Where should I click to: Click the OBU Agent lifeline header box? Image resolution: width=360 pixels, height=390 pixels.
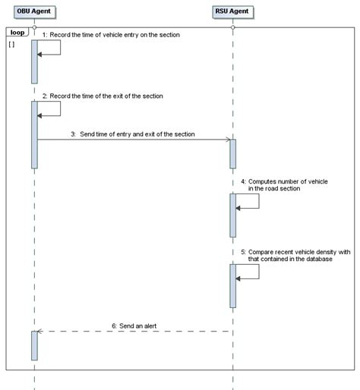point(34,13)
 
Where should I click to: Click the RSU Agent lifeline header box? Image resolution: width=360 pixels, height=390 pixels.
point(233,13)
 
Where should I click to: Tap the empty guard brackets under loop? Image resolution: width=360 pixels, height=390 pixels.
point(11,45)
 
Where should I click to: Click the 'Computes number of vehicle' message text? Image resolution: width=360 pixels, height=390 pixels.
point(273,185)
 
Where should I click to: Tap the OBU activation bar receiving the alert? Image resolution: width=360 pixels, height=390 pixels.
point(34,345)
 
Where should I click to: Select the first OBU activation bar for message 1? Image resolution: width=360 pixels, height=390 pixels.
point(34,61)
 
